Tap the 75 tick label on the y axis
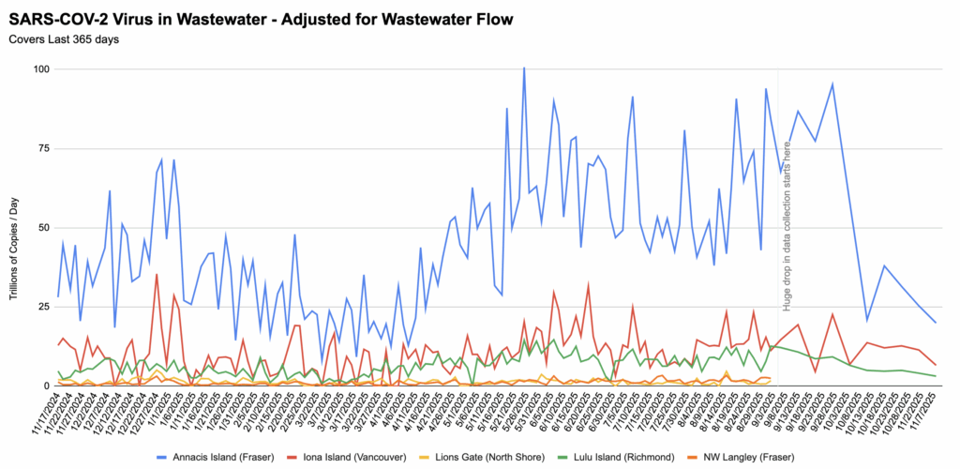[43, 148]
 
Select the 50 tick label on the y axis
[43, 228]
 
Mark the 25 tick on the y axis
[43, 307]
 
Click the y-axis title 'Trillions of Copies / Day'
[16, 239]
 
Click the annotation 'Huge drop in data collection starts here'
[787, 225]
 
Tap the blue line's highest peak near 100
[524, 68]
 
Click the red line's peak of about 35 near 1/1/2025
[157, 274]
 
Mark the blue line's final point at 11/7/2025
[936, 323]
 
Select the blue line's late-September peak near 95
[832, 84]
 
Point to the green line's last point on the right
[936, 376]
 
